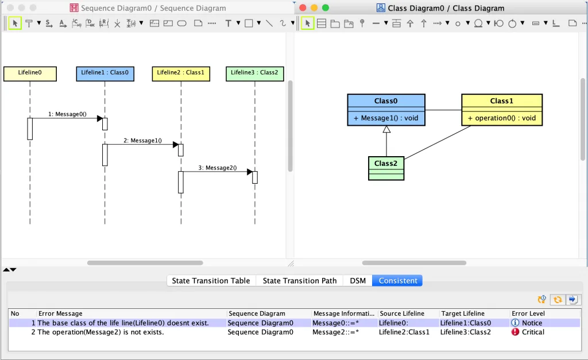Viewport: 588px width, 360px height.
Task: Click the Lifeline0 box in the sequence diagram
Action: click(x=30, y=73)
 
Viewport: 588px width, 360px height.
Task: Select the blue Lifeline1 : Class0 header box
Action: click(x=105, y=73)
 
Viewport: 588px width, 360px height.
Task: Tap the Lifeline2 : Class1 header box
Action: click(x=181, y=73)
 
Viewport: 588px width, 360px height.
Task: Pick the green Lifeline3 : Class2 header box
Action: click(x=254, y=73)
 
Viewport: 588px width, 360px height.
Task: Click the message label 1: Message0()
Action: click(x=67, y=114)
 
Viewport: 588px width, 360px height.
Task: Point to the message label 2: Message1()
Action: click(x=143, y=141)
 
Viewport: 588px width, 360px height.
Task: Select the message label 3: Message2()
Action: click(x=218, y=168)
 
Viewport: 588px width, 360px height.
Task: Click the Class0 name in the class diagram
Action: click(x=386, y=101)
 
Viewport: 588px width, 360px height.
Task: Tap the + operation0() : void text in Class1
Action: click(x=502, y=118)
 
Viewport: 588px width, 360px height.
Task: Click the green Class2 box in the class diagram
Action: click(x=386, y=168)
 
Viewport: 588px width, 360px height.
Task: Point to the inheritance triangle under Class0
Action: click(x=386, y=129)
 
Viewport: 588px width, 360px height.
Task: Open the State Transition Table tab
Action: click(x=211, y=281)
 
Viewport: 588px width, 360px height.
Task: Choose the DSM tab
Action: click(x=358, y=281)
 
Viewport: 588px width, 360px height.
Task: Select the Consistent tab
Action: click(x=397, y=281)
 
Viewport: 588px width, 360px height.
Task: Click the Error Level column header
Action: click(x=528, y=313)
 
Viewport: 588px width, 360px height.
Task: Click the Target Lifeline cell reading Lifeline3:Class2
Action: click(x=465, y=332)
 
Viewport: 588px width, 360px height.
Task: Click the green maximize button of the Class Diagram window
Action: click(x=326, y=8)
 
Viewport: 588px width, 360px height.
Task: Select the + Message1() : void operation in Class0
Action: click(x=386, y=118)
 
